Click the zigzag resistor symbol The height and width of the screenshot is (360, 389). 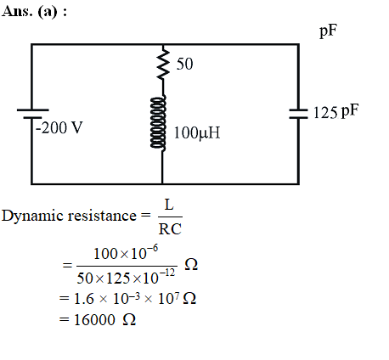click(163, 64)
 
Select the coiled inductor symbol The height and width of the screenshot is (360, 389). click(158, 122)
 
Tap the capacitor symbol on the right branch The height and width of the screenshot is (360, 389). click(298, 114)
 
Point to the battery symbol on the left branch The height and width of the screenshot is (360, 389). click(32, 114)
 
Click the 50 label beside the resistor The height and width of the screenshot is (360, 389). click(184, 64)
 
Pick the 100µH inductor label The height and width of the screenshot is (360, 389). click(197, 132)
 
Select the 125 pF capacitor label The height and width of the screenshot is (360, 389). click(335, 111)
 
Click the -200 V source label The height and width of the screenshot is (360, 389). click(59, 127)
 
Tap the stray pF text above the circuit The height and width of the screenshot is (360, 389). click(329, 31)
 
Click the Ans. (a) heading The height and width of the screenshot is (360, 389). click(34, 12)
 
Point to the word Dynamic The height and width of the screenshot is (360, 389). click(32, 217)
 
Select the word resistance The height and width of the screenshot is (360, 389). click(102, 216)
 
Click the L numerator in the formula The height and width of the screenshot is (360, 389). click(169, 205)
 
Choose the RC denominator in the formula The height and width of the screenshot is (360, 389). click(170, 229)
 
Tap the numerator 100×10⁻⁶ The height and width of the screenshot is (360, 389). click(126, 253)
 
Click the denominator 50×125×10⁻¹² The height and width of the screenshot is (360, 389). click(126, 277)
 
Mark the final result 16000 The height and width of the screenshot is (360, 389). click(94, 320)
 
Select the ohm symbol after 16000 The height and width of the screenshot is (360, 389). click(129, 320)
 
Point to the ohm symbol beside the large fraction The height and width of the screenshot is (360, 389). click(191, 265)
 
